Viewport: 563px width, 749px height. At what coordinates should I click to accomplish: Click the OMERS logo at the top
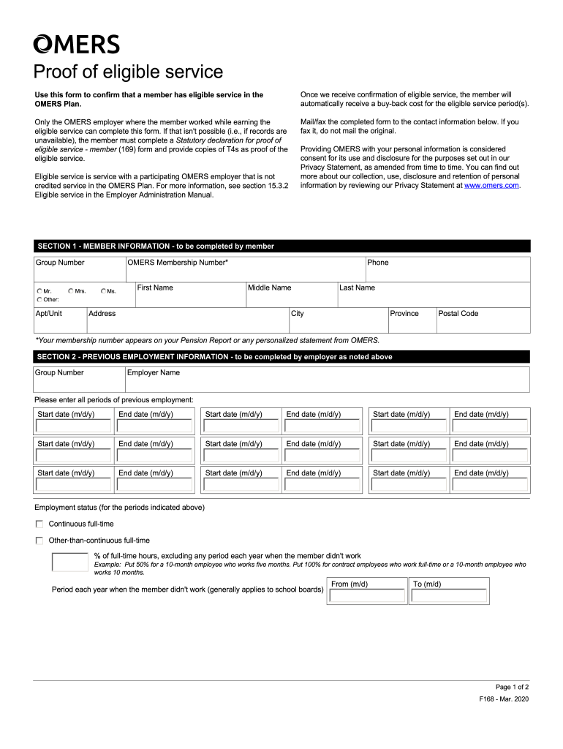[x=76, y=45]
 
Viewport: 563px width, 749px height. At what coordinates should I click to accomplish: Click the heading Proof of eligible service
[x=128, y=72]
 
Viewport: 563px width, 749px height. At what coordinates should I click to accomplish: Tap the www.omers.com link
[x=491, y=186]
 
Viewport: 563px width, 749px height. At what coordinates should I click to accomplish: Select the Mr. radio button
[x=39, y=291]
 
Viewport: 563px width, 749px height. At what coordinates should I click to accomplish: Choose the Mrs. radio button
[x=71, y=291]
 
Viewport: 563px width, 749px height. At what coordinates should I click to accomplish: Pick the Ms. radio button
[x=104, y=291]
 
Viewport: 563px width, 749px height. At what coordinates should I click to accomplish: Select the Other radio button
[x=39, y=299]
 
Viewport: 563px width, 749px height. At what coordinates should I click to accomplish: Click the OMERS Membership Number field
[x=245, y=272]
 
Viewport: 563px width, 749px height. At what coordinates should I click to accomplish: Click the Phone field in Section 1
[x=447, y=272]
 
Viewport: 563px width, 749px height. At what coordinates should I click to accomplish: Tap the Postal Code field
[x=482, y=323]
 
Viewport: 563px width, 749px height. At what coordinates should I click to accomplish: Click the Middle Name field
[x=290, y=298]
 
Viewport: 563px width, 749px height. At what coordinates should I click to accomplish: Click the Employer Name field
[x=326, y=382]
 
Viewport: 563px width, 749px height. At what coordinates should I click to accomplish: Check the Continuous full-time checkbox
[x=39, y=524]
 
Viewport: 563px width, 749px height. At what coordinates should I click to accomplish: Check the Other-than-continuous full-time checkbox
[x=39, y=541]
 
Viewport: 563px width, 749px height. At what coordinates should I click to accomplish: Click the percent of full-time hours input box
[x=70, y=562]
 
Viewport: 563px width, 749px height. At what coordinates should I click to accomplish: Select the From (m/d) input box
[x=367, y=596]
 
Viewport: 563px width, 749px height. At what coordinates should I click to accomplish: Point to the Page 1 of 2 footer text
[x=511, y=687]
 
